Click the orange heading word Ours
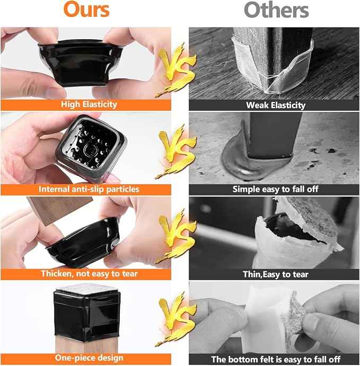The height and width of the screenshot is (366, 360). (86, 10)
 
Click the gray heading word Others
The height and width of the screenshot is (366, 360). (276, 10)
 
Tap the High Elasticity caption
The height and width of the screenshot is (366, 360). (89, 104)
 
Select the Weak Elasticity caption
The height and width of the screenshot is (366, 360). (276, 105)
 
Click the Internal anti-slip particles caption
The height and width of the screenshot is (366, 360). (89, 189)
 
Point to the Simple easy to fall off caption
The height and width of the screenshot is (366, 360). (275, 189)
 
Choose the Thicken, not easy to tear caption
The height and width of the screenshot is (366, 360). (89, 274)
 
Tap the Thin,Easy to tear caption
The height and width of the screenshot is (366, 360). (276, 274)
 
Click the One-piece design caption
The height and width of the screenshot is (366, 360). (89, 358)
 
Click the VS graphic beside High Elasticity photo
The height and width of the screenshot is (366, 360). (176, 70)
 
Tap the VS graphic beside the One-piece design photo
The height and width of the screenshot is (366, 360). (176, 319)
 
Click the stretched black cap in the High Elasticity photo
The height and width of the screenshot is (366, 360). (81, 63)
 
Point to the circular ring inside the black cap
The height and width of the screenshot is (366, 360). (90, 150)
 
